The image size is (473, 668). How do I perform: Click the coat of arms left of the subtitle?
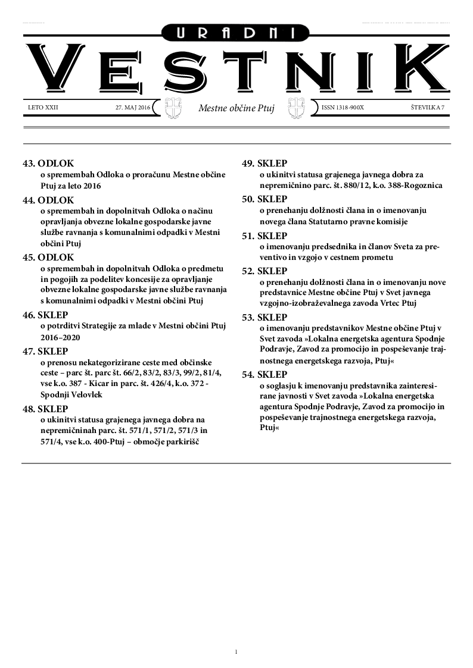[x=173, y=108]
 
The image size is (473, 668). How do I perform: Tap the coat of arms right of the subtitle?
[x=296, y=108]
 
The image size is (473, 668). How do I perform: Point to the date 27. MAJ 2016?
[x=133, y=108]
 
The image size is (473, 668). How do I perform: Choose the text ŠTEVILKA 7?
[x=428, y=108]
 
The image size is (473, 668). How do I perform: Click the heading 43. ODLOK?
[x=48, y=163]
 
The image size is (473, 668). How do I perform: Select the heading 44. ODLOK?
[x=48, y=200]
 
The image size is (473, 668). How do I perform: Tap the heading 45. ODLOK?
[x=48, y=257]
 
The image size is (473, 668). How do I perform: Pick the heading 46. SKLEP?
[x=45, y=315]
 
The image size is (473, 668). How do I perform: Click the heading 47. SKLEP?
[x=45, y=351]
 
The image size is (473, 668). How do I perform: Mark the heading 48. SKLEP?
[x=45, y=409]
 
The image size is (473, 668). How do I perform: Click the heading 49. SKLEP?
[x=264, y=163]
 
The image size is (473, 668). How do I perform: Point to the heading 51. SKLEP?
[x=264, y=236]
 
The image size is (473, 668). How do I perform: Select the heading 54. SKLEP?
[x=264, y=374]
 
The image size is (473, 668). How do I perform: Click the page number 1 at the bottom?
[x=236, y=652]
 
